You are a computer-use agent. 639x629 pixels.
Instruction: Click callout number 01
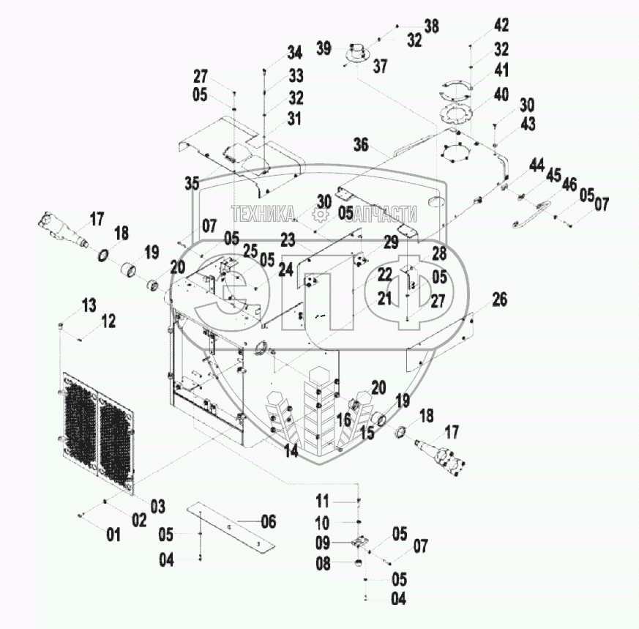113,535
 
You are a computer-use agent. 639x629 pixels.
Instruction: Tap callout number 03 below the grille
157,506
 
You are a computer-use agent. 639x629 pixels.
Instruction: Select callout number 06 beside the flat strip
268,521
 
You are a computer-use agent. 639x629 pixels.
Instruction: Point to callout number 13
89,305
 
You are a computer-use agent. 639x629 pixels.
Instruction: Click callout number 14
291,450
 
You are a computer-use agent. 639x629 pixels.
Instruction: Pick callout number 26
500,299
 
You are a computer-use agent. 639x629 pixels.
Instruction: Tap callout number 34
295,52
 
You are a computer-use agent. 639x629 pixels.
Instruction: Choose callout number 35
192,183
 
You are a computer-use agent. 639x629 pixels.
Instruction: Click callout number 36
361,144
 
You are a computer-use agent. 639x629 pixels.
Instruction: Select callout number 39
324,48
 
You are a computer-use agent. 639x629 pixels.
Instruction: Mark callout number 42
501,26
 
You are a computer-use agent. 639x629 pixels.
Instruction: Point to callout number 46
569,185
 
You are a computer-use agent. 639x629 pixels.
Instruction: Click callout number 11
322,501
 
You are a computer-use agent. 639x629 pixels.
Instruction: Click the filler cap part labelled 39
357,53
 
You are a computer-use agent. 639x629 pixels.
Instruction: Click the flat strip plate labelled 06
231,529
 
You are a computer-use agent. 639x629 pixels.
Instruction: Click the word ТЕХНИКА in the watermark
264,214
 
